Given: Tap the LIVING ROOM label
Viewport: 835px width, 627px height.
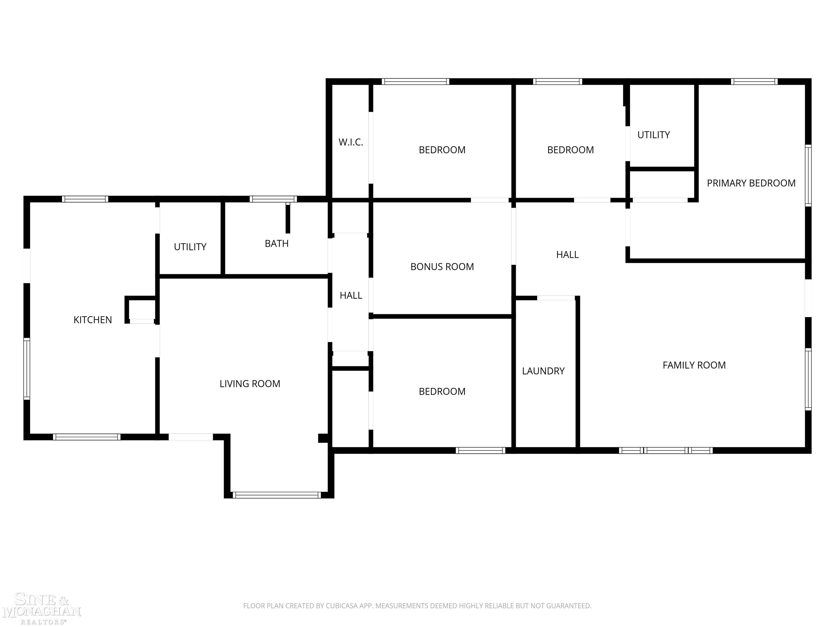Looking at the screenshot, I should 250,384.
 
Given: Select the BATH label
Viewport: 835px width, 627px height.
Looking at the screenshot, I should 276,243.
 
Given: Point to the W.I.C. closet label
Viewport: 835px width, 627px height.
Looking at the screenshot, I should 350,142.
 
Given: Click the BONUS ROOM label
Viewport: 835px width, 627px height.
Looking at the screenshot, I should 442,266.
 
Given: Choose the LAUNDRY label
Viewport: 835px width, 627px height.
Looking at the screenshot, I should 543,371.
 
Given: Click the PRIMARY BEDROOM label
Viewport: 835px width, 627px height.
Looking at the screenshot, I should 751,183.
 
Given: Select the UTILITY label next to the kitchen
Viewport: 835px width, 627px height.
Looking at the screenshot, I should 190,247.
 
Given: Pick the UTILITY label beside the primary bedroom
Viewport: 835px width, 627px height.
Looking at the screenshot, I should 653,134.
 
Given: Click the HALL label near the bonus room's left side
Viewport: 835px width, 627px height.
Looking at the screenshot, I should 351,295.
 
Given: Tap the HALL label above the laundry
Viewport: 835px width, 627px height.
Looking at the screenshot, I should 567,254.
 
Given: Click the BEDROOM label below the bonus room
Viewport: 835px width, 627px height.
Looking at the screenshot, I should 442,391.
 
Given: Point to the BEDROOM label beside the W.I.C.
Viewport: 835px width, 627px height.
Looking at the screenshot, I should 442,150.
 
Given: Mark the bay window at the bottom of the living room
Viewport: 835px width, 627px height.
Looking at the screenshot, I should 277,495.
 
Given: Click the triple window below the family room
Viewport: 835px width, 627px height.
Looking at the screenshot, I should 665,450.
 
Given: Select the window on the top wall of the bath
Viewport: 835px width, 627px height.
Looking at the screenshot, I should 273,199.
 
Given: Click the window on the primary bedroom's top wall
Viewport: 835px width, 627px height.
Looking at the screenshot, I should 754,81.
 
